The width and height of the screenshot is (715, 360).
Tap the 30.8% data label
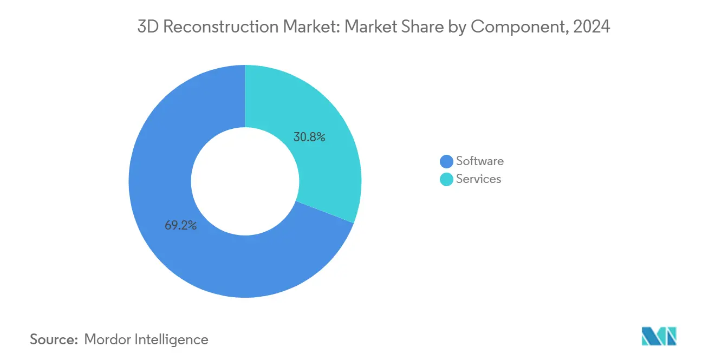309,137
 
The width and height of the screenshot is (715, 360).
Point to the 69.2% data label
180,225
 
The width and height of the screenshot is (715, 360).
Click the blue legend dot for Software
446,161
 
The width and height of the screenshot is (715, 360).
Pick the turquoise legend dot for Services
446,179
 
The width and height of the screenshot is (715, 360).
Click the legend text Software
480,161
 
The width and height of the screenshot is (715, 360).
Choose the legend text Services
479,179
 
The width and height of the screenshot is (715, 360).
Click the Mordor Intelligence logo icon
659,337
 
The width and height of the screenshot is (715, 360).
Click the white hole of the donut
245,181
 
